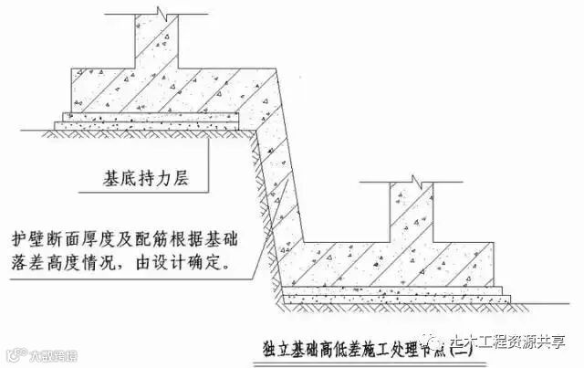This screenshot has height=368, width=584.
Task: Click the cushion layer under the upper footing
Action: point(151,120)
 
